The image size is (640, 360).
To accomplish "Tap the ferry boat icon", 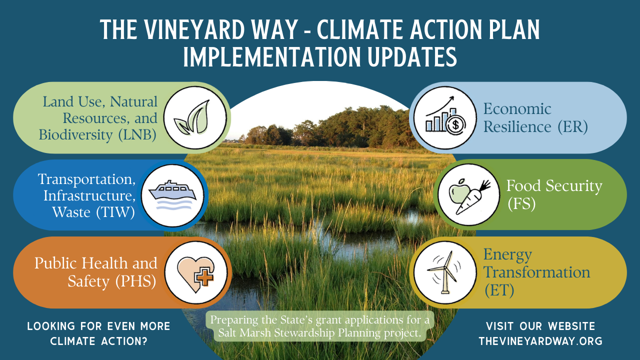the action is click(x=172, y=195).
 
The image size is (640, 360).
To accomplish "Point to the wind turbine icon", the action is click(x=444, y=272).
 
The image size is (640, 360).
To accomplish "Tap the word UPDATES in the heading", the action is click(x=412, y=57).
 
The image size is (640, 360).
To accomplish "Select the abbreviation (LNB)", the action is click(x=137, y=135).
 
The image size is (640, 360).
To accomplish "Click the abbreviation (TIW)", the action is click(x=115, y=212).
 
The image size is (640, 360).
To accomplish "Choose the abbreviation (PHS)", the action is click(x=135, y=281).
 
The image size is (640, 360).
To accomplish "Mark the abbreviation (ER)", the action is click(x=573, y=127).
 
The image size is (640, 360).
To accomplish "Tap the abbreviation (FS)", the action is click(x=521, y=204).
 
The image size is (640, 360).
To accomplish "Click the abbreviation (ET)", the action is click(x=499, y=290).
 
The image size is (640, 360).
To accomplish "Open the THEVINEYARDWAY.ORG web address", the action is click(x=540, y=341).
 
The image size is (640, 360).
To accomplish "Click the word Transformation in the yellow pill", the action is click(x=536, y=272).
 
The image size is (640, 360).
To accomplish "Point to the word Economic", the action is click(x=517, y=109).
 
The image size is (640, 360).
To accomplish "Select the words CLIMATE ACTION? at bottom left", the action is click(x=99, y=341).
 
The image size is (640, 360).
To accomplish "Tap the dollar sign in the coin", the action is click(x=455, y=125).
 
